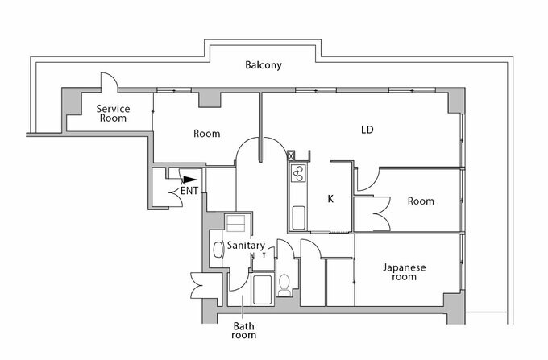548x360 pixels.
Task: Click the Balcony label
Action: [264, 65]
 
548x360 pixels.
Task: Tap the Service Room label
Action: [114, 113]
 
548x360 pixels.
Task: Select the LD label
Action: [367, 129]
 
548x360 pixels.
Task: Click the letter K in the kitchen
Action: [330, 198]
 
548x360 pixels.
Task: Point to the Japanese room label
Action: [404, 272]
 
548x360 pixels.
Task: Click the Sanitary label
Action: [246, 245]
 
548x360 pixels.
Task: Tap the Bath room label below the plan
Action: [244, 330]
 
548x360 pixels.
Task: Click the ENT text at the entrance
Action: [190, 192]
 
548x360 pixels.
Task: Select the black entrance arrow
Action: [188, 180]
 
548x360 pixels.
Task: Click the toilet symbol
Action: [284, 285]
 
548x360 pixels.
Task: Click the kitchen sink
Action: [297, 217]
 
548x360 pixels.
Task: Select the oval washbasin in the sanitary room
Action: [216, 250]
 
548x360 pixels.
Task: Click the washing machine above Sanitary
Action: [235, 224]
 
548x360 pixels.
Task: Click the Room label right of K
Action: [420, 201]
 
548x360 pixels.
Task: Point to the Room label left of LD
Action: [207, 134]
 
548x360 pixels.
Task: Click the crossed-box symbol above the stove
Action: [304, 153]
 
